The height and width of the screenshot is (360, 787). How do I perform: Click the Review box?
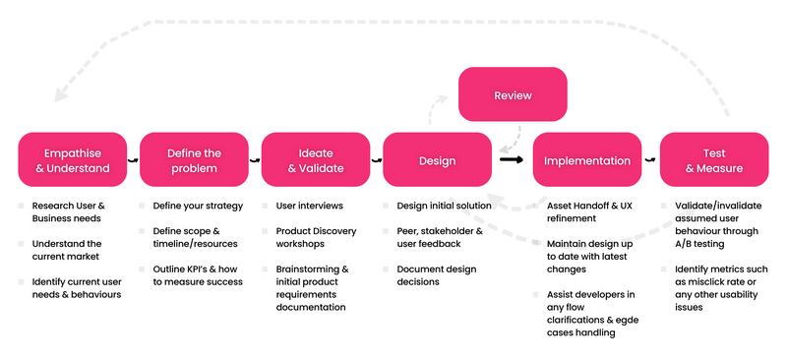pyautogui.click(x=513, y=96)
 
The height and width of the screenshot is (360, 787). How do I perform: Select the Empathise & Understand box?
pyautogui.click(x=72, y=160)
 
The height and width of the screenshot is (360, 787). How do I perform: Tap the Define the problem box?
pyautogui.click(x=194, y=160)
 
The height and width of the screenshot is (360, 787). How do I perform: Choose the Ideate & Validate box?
pyautogui.click(x=316, y=160)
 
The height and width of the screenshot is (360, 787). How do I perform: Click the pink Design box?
pyautogui.click(x=437, y=160)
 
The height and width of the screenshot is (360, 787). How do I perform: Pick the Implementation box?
pyautogui.click(x=587, y=160)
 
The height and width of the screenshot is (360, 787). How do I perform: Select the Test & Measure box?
pyautogui.click(x=715, y=160)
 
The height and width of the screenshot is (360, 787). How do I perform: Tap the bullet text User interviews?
pyautogui.click(x=309, y=207)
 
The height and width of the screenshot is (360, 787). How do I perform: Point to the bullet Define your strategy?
pyautogui.click(x=198, y=207)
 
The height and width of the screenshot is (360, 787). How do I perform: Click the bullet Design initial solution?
pyautogui.click(x=445, y=207)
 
